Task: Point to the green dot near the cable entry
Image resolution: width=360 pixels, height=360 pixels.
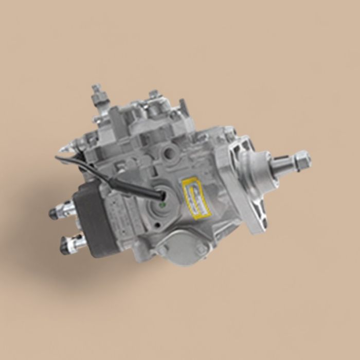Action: point(163,204)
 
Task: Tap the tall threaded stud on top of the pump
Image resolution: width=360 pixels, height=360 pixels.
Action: point(96,96)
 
